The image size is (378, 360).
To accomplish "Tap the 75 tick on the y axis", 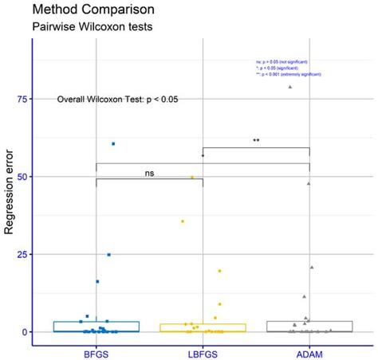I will click(20, 100).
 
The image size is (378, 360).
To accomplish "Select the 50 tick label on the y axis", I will click(20, 177).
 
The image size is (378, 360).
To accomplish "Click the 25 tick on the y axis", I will click(20, 254).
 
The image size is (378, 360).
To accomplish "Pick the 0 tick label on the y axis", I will click(23, 331).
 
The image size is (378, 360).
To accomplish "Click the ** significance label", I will click(256, 141).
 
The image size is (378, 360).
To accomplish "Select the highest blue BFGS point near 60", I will click(113, 143).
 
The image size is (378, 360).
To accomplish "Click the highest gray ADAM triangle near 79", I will click(290, 87).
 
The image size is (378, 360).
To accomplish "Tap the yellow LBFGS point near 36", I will click(183, 221).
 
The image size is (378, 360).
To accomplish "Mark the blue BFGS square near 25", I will click(108, 255).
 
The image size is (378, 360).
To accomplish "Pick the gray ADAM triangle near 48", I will click(309, 183).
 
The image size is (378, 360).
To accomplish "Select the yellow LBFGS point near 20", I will click(219, 271).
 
